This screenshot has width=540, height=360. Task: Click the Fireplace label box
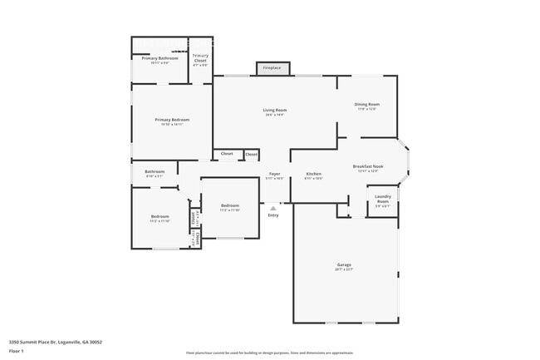(272, 67)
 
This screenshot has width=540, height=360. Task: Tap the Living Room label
(275, 111)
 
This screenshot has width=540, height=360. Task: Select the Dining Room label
(367, 105)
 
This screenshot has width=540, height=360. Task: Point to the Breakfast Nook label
(367, 167)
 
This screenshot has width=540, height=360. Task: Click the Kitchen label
(313, 175)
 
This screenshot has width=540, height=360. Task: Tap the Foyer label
(274, 175)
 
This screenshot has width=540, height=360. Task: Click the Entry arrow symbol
(272, 208)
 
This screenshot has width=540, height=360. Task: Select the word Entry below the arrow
(272, 215)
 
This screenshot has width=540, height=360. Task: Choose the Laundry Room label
(382, 200)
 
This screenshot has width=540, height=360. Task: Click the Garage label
(344, 265)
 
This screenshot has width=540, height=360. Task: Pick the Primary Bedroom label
(172, 120)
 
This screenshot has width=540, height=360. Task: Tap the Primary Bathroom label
(160, 58)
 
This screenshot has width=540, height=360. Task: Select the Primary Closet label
(201, 58)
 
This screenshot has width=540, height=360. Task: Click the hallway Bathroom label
(155, 172)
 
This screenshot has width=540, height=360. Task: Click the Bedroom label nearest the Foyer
(230, 206)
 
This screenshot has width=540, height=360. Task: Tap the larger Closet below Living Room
(227, 154)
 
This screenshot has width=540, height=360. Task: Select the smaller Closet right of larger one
(251, 154)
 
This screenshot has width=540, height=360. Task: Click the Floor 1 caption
(17, 351)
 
